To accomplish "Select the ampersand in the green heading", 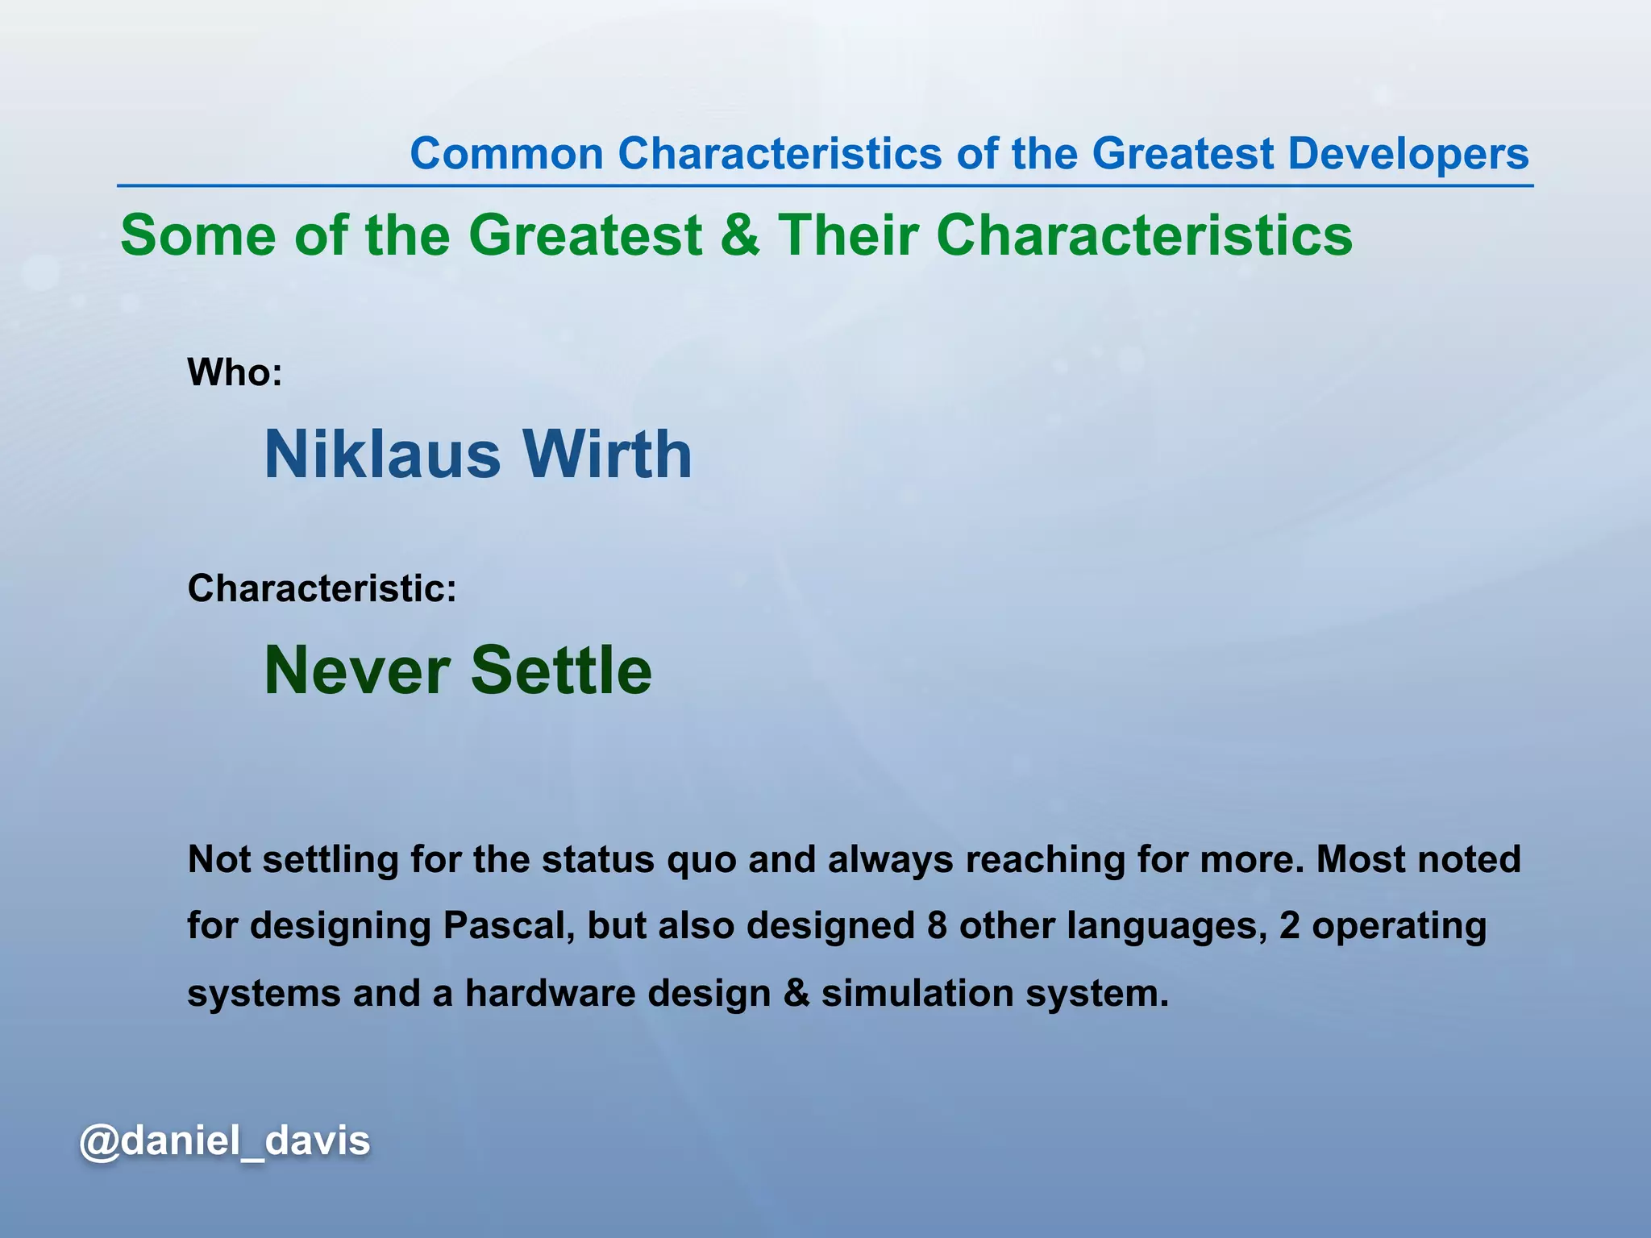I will pyautogui.click(x=739, y=235).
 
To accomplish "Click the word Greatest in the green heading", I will pyautogui.click(x=586, y=235).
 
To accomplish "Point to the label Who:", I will pyautogui.click(x=235, y=372).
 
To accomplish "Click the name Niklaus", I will pyautogui.click(x=382, y=455).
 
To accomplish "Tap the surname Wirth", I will pyautogui.click(x=607, y=455).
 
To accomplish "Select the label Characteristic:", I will pyautogui.click(x=322, y=588).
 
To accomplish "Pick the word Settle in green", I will pyautogui.click(x=561, y=671).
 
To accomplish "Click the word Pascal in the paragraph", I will pyautogui.click(x=508, y=926).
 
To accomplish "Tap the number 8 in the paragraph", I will pyautogui.click(x=936, y=926).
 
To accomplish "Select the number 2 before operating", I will pyautogui.click(x=1289, y=926).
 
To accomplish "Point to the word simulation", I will pyautogui.click(x=917, y=993).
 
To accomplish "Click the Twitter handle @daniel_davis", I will pyautogui.click(x=225, y=1141).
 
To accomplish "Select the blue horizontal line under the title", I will pyautogui.click(x=825, y=186).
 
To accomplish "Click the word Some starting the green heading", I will pyautogui.click(x=198, y=235).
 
